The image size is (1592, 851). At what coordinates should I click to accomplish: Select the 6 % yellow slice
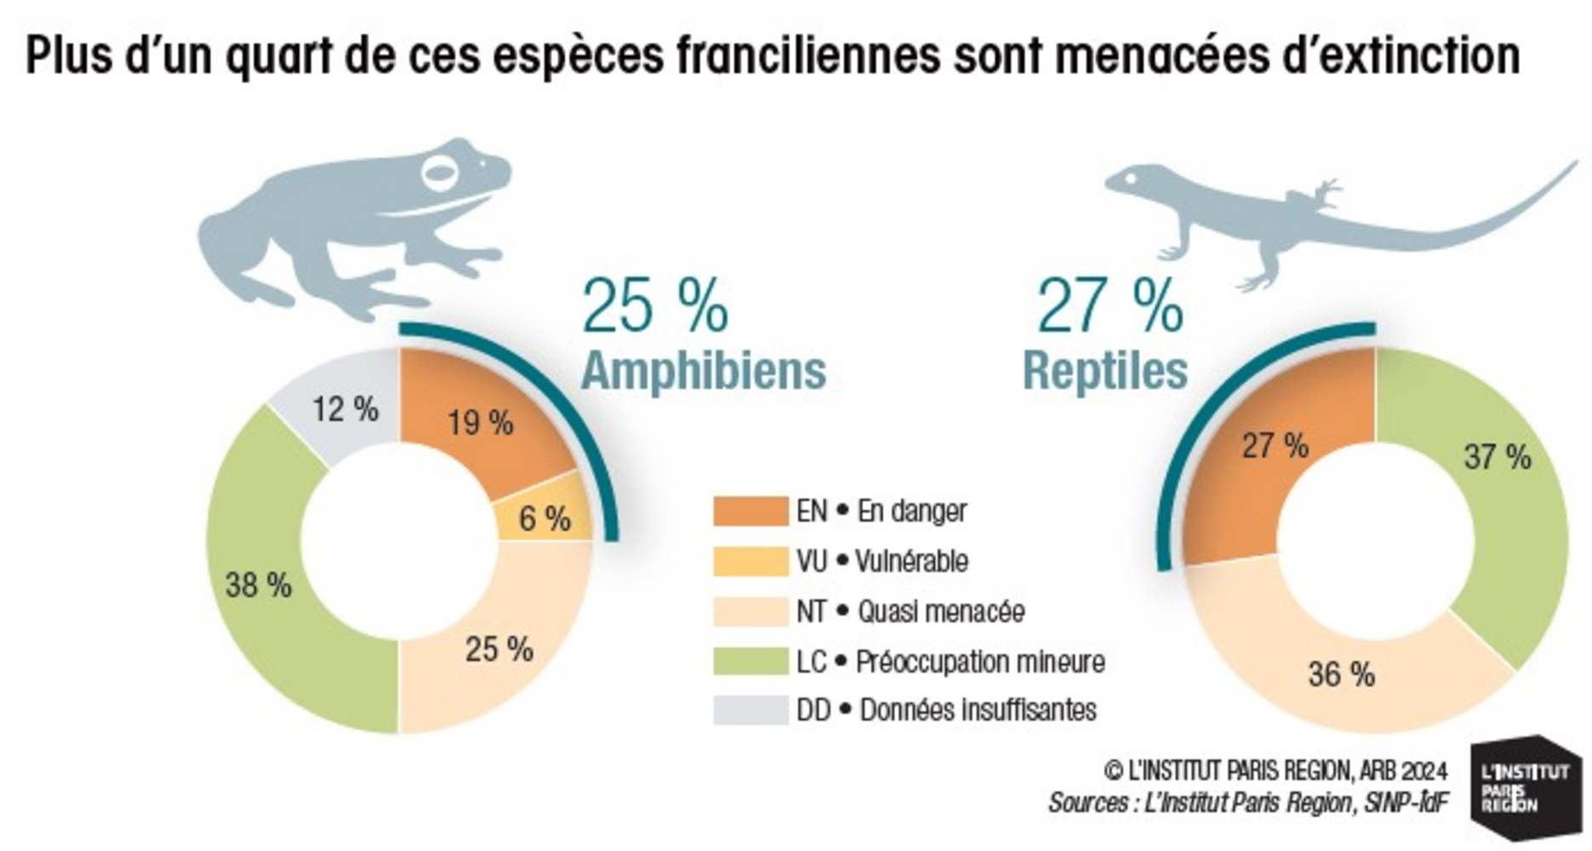[x=545, y=517]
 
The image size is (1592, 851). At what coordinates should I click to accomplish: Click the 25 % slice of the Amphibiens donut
[x=499, y=649]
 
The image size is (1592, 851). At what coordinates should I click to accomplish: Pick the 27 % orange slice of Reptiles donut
[x=1274, y=445]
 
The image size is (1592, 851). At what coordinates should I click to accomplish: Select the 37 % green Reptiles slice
[x=1497, y=457]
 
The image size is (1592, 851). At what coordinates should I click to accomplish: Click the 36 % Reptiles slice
[x=1341, y=674]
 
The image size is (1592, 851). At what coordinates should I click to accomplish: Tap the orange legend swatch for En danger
[x=750, y=511]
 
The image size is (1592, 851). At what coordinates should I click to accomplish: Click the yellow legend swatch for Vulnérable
[x=750, y=561]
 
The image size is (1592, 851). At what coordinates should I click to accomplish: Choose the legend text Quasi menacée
[x=940, y=611]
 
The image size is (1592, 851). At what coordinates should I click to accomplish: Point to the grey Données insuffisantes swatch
[x=750, y=710]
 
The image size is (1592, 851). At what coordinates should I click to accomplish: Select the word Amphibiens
[x=704, y=371]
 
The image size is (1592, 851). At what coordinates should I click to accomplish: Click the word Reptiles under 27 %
[x=1104, y=371]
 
